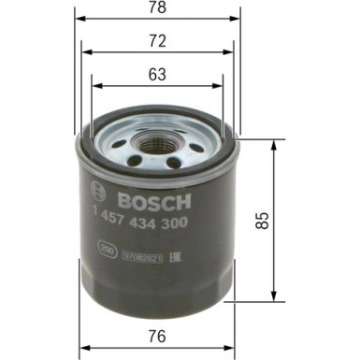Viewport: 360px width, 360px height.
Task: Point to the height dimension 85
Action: [x=265, y=221]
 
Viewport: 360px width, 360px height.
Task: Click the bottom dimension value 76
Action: [x=157, y=336]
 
